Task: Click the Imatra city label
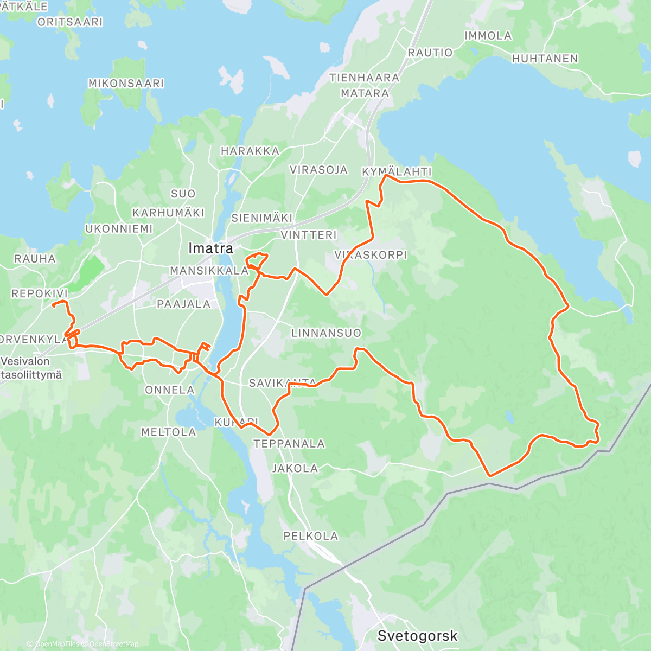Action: (x=210, y=248)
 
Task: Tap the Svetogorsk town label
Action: (x=417, y=636)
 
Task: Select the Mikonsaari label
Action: (x=126, y=84)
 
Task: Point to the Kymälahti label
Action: (x=397, y=171)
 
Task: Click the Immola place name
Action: (x=488, y=36)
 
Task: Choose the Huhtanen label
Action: (x=545, y=59)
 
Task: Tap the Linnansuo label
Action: (x=326, y=333)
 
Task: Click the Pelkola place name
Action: (x=310, y=536)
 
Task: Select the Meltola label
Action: (x=168, y=432)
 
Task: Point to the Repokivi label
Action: (x=40, y=293)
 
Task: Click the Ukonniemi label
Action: (x=119, y=229)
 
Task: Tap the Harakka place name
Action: (x=250, y=151)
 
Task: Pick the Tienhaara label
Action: (x=364, y=78)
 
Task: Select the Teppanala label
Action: (x=289, y=444)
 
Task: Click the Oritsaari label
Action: (x=70, y=22)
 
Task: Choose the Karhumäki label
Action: (x=168, y=213)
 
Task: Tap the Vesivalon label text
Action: (x=25, y=361)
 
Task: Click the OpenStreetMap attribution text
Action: (x=113, y=644)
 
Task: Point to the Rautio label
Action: (x=430, y=53)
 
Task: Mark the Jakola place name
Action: (x=295, y=468)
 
